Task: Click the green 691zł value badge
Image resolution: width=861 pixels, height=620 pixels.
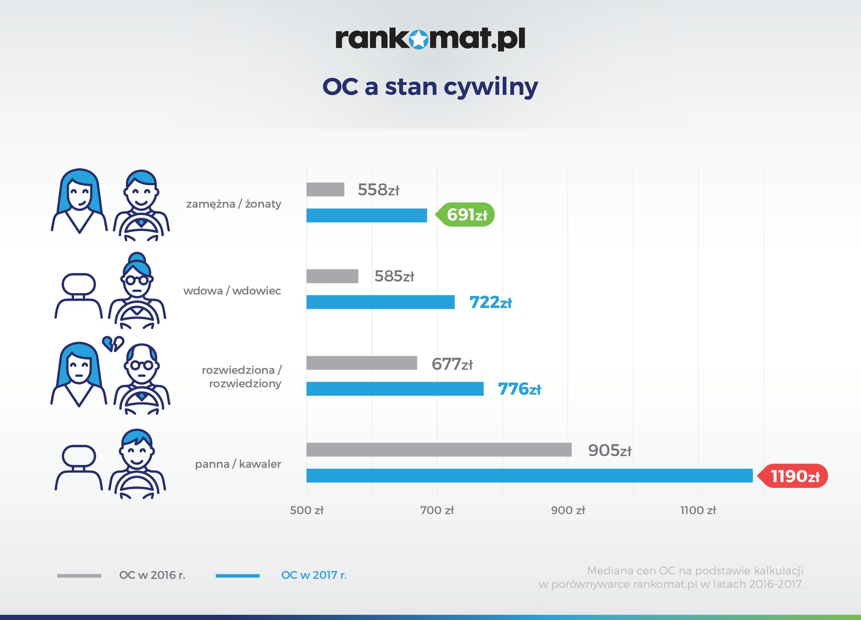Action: (x=466, y=215)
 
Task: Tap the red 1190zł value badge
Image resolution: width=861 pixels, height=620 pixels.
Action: (x=794, y=476)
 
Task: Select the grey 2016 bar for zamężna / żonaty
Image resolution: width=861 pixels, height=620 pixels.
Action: (x=325, y=190)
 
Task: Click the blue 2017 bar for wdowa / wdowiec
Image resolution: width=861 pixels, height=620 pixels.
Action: (x=380, y=302)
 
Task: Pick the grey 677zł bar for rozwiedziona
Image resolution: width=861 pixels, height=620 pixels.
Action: (x=361, y=363)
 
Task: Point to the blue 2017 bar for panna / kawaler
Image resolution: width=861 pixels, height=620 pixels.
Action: (x=529, y=476)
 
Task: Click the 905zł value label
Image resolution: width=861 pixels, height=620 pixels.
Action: (x=609, y=451)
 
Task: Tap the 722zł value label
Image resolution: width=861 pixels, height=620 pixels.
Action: (x=490, y=303)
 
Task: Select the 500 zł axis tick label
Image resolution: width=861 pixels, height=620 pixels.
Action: (x=306, y=511)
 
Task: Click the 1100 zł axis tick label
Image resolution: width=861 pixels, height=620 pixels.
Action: (x=698, y=511)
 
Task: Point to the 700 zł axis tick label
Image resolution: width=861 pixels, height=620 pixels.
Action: (x=437, y=511)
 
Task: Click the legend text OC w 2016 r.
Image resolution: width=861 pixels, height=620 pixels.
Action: (x=152, y=575)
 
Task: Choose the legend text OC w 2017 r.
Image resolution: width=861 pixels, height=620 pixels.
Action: (x=314, y=575)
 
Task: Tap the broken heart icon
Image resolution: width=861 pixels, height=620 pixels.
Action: (x=113, y=343)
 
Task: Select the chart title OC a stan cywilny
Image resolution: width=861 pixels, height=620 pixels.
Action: (x=430, y=87)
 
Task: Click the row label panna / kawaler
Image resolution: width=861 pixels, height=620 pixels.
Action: (x=238, y=464)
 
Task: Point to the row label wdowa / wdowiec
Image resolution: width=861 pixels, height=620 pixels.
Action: (x=232, y=291)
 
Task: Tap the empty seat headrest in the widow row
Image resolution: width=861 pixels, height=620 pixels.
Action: (x=79, y=284)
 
